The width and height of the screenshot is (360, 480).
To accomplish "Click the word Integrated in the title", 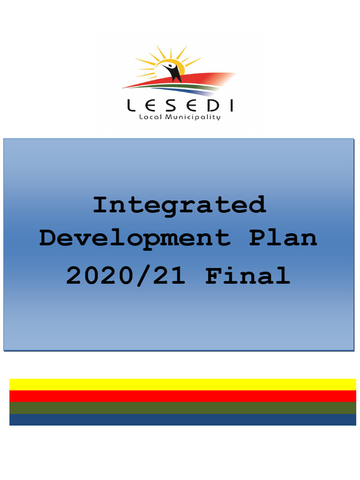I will pos(180,205).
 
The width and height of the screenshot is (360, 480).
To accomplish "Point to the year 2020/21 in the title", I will pos(126,276).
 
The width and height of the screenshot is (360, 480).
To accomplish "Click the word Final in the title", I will pos(247,276).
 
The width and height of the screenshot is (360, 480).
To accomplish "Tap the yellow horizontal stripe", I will pos(182,384).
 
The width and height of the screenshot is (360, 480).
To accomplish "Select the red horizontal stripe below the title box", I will pos(182,396).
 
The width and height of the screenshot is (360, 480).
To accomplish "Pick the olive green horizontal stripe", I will pos(182,408).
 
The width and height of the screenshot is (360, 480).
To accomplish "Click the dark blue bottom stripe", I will pos(182,420).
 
